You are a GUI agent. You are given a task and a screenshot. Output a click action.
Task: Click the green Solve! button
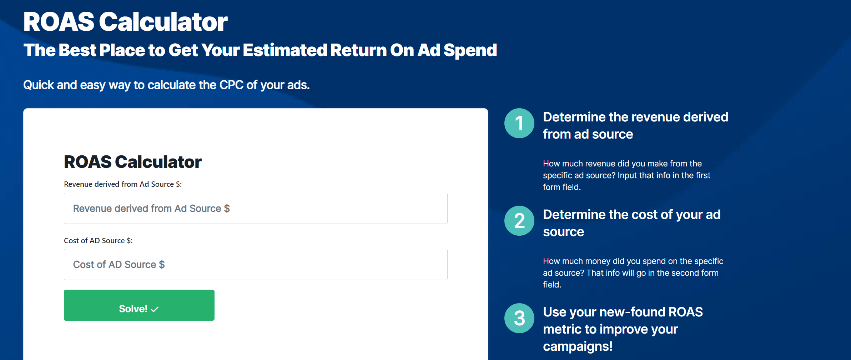point(139,305)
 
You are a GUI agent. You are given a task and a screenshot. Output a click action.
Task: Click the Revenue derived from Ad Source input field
point(256,209)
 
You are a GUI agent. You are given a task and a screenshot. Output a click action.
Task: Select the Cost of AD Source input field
point(256,265)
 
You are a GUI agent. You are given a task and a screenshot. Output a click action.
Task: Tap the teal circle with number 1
point(519,123)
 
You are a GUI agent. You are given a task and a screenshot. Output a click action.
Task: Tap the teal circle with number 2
point(519,221)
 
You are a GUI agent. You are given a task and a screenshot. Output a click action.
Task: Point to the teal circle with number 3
point(519,318)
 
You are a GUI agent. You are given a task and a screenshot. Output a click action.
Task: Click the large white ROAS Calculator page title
point(125,22)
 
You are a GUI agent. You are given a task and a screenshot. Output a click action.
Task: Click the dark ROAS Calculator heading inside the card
point(133,162)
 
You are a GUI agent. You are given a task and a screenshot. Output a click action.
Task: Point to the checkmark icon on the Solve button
point(155,309)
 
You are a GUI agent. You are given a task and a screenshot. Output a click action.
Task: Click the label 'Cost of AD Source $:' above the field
point(98,241)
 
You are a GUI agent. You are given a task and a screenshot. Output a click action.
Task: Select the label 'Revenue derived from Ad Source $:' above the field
point(123,184)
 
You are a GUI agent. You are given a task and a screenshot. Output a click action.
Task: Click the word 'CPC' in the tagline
point(231,85)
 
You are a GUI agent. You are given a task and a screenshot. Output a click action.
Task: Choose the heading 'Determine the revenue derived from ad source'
point(635,125)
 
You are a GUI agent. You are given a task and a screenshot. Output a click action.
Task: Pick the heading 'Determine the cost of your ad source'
point(632,223)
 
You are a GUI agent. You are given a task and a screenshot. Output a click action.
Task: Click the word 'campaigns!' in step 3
point(578,346)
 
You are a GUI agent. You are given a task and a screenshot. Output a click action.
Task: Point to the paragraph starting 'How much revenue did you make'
point(626,175)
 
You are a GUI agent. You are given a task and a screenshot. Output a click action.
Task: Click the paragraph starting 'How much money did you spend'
point(633,273)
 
